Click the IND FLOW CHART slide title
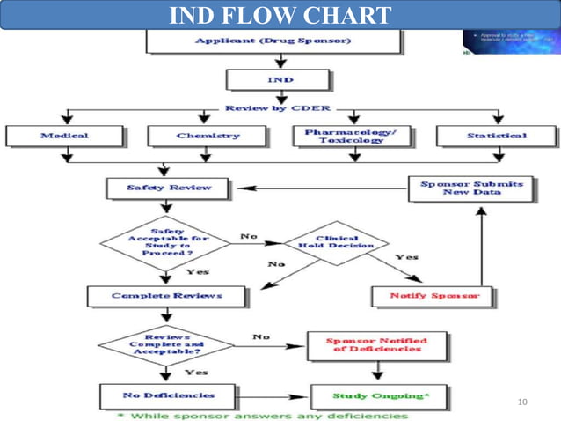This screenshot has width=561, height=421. [280, 15]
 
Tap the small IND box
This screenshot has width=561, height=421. [280, 79]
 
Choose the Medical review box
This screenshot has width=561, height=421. [64, 136]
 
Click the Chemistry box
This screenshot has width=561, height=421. [208, 136]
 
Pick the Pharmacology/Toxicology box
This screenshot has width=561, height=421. [351, 136]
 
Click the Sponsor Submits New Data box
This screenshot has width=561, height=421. [470, 188]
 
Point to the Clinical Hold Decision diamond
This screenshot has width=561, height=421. [335, 242]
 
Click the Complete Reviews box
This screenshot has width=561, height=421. [154, 296]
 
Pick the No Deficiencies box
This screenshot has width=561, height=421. [157, 395]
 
